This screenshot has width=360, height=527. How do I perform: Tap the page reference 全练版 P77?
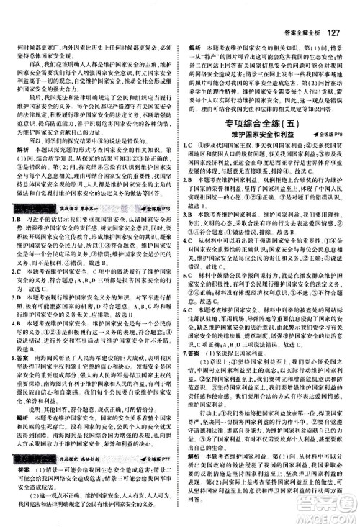(159, 415)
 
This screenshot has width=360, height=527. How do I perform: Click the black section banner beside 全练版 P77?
(30, 415)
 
